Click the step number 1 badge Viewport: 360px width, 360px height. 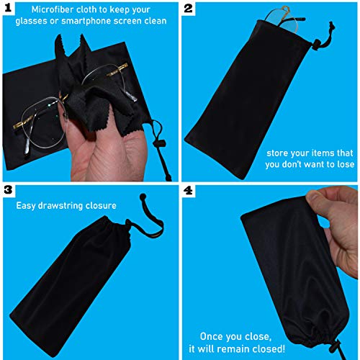coord(9,9)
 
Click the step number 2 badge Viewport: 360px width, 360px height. coord(189,9)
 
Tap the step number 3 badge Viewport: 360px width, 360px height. coord(9,190)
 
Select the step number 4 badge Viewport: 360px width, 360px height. coord(189,190)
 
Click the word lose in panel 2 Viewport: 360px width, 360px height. coord(339,163)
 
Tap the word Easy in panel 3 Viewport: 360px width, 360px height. coord(28,204)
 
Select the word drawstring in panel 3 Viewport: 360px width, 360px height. coord(69,204)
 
